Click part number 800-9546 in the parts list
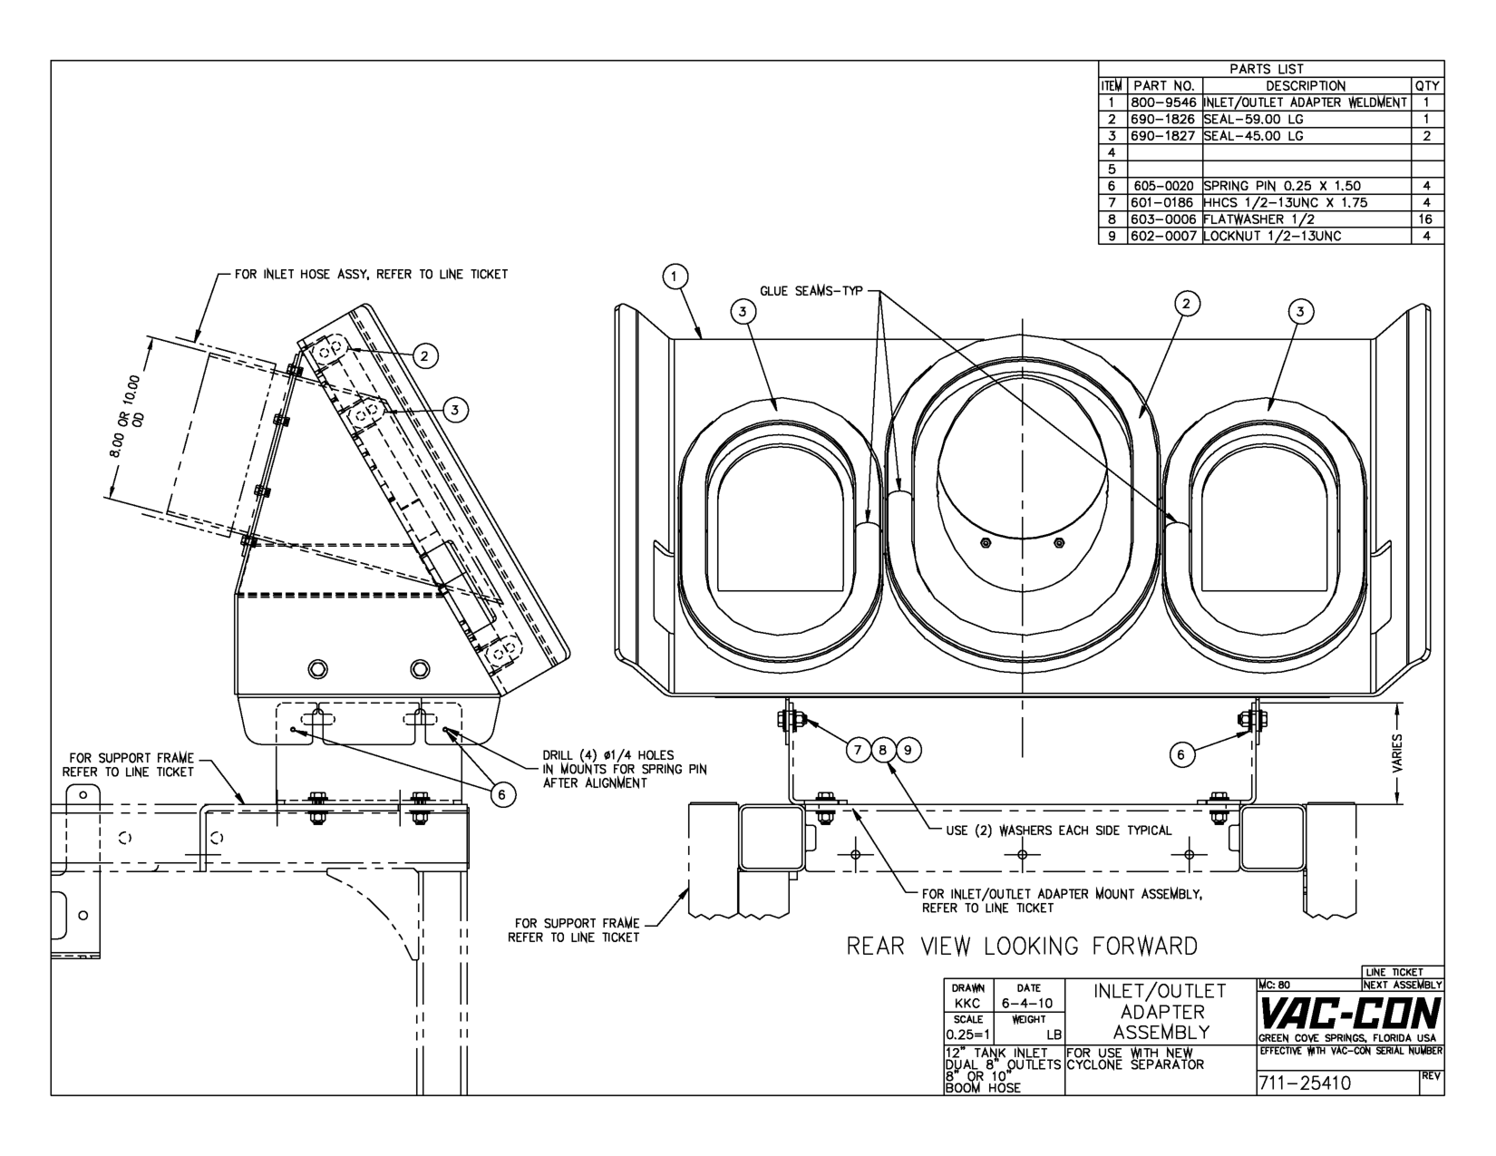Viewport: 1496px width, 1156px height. [x=1163, y=102]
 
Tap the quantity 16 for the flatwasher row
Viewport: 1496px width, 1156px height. [x=1426, y=219]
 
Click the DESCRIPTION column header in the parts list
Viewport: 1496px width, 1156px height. [x=1306, y=86]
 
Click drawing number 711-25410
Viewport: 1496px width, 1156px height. [x=1305, y=1083]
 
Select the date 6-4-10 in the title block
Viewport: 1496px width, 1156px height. [x=1027, y=1003]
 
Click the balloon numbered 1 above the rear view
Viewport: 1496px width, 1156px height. [x=675, y=277]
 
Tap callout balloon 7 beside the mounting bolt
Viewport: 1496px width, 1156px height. [x=858, y=750]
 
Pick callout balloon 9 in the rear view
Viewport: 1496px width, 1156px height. [x=908, y=750]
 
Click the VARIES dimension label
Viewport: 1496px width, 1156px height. [x=1397, y=753]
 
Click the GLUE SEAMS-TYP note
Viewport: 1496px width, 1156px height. [x=811, y=291]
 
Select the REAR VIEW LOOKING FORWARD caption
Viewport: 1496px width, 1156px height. [x=1022, y=946]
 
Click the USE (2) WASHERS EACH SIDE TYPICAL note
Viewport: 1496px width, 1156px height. [x=1059, y=831]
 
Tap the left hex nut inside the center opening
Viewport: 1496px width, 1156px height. [x=986, y=543]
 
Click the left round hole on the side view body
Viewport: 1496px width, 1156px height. [x=317, y=668]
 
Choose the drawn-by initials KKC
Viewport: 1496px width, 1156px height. [x=967, y=1003]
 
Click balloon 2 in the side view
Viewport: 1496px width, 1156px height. [x=424, y=356]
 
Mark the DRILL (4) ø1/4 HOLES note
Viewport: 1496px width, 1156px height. [x=625, y=769]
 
